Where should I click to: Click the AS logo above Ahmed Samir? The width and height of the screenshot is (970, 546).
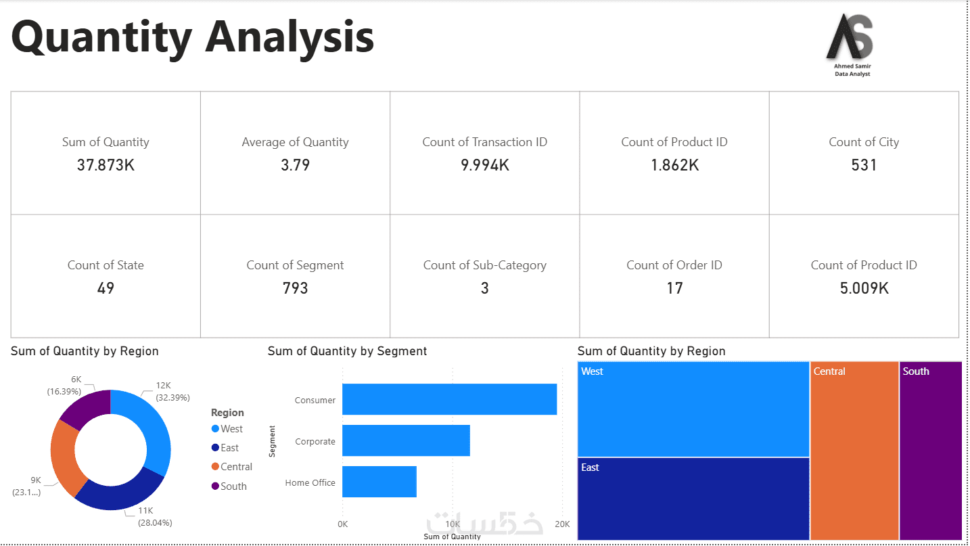(x=851, y=38)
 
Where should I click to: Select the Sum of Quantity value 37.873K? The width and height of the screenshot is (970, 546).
(x=106, y=164)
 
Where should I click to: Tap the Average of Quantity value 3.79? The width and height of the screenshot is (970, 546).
(x=295, y=164)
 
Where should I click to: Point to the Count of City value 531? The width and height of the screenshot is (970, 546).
(x=864, y=164)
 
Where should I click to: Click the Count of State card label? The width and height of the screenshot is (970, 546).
(x=106, y=265)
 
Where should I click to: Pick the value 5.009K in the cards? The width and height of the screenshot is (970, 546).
(x=864, y=288)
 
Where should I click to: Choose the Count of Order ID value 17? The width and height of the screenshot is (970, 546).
(x=674, y=288)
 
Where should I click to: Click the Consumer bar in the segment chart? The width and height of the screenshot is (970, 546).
(x=449, y=399)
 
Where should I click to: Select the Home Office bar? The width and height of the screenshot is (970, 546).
(x=379, y=482)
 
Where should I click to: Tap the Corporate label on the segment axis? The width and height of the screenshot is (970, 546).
(x=315, y=442)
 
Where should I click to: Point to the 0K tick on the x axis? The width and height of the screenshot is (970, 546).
(x=343, y=524)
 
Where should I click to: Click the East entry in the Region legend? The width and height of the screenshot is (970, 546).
(x=229, y=448)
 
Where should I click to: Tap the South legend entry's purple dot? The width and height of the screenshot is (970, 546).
(x=215, y=486)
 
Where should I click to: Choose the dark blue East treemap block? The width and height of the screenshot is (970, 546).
(x=693, y=498)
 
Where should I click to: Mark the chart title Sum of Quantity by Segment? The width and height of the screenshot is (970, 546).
(x=347, y=351)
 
